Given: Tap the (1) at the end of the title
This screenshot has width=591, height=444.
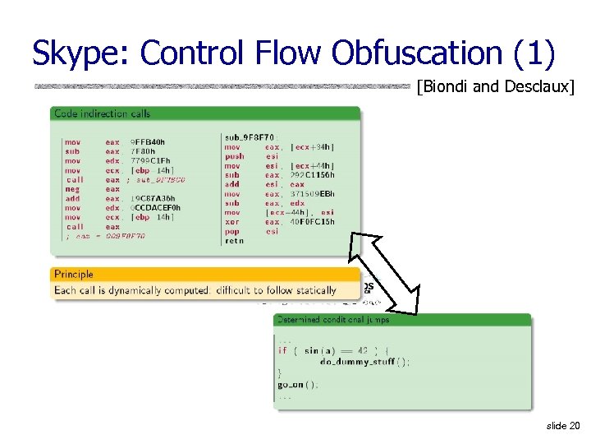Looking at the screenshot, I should tap(534, 53).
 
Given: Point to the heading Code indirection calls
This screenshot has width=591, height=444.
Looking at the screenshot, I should tap(102, 113).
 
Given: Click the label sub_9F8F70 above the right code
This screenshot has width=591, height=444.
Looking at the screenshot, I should tap(251, 137).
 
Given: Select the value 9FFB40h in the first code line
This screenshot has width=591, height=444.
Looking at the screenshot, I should tap(147, 142).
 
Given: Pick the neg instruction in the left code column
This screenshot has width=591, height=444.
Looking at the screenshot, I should tap(72, 189).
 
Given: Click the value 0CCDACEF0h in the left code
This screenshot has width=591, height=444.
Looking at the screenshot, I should tap(155, 208).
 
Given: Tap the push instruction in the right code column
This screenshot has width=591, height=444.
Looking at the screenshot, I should tap(234, 156).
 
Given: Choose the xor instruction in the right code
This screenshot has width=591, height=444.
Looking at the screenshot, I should tap(232, 222).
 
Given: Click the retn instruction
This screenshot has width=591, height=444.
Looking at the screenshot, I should tap(234, 241).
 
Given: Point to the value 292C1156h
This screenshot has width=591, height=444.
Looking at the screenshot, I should tap(312, 175).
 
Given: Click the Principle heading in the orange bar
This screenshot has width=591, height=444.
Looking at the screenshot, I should tap(74, 274).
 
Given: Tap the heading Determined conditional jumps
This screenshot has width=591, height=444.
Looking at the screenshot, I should tap(333, 319).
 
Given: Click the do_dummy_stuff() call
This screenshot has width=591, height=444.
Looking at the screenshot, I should tap(364, 361).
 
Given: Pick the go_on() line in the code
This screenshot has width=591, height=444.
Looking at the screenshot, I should tap(298, 384).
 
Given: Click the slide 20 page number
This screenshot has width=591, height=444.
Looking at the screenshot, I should tap(562, 426).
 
